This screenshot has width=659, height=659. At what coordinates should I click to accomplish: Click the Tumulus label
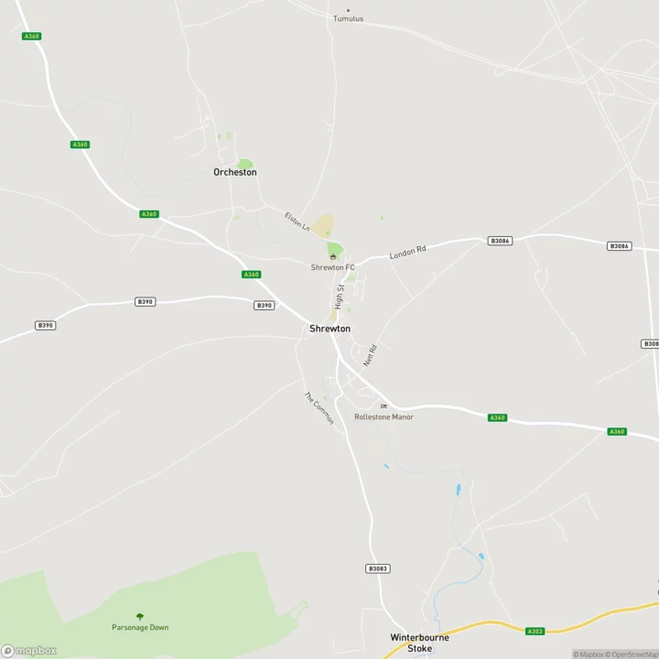348,18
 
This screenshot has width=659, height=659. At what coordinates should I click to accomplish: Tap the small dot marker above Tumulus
348,10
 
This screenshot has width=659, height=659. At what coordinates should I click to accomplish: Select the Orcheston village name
235,172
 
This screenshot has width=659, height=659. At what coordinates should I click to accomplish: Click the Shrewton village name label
329,329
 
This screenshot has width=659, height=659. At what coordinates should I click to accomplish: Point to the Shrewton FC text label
333,267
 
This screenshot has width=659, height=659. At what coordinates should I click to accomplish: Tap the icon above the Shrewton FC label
333,257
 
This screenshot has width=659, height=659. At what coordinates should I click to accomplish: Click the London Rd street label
408,252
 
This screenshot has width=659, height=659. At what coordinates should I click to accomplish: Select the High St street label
339,295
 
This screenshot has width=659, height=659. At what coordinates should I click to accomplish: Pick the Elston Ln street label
297,222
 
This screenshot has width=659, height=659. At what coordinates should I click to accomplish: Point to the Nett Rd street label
370,355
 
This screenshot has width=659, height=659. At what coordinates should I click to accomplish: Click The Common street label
319,408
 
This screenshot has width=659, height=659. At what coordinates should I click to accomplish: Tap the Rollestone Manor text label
384,417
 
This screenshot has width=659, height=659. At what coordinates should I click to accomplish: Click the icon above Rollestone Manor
384,406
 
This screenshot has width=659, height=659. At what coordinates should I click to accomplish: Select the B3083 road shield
378,568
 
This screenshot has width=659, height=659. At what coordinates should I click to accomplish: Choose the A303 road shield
536,631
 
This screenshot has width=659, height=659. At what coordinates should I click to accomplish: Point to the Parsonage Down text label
140,627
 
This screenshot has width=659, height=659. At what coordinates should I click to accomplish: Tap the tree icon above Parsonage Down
140,616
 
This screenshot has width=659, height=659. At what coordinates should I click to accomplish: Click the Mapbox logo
29,651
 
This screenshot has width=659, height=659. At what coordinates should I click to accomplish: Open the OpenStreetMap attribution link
634,654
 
